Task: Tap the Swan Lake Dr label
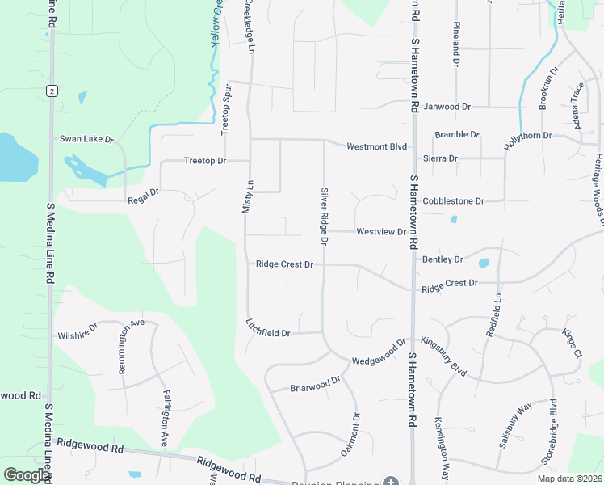click(x=86, y=139)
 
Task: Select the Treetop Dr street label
click(x=204, y=161)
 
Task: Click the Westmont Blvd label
click(x=376, y=147)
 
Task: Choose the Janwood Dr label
click(x=447, y=107)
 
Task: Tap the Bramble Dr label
click(x=457, y=134)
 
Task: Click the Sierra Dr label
click(x=441, y=158)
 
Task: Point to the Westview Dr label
click(x=380, y=232)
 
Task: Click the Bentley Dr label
click(x=443, y=259)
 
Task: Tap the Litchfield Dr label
click(x=268, y=327)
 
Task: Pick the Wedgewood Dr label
click(x=378, y=352)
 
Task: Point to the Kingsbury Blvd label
click(x=444, y=356)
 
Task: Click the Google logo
click(x=26, y=475)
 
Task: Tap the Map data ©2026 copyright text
click(x=568, y=479)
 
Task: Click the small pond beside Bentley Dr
click(x=484, y=263)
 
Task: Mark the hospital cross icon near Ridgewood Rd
click(x=391, y=482)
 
